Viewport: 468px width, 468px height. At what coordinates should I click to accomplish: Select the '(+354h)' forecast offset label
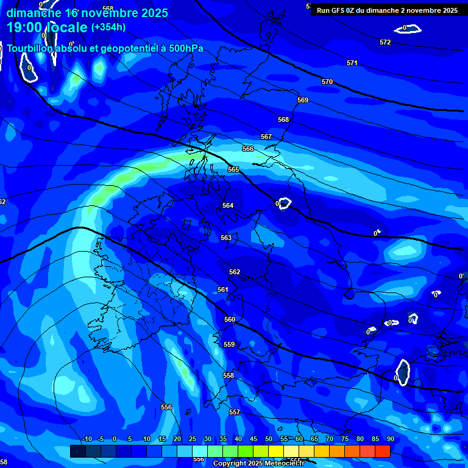(108, 27)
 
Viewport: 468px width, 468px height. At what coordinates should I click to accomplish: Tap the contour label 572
(385, 42)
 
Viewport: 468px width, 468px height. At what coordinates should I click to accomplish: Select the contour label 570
(327, 82)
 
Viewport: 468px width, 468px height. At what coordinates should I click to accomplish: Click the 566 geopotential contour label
(248, 149)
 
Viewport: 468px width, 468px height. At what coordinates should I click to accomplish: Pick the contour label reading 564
(228, 205)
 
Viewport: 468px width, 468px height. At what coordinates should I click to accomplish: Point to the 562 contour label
(235, 272)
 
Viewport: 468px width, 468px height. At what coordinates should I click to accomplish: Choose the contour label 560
(230, 319)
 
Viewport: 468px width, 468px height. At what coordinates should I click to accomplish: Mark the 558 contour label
(229, 375)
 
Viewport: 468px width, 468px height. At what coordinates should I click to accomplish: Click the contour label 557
(235, 412)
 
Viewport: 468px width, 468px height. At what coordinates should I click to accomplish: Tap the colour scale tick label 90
(390, 439)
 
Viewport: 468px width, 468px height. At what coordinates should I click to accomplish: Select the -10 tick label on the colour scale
(87, 439)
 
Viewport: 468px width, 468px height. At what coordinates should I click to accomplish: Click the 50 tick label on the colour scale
(269, 439)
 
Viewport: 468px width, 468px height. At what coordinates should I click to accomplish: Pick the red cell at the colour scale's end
(382, 451)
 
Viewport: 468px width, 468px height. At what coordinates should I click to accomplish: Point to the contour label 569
(303, 100)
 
